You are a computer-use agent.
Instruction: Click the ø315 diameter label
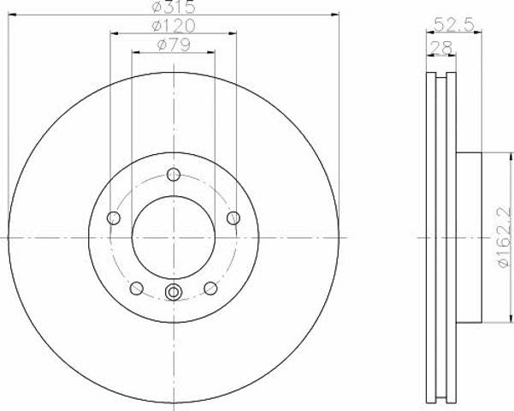[174, 7]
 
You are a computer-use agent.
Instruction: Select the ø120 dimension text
[174, 26]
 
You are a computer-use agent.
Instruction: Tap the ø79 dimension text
[174, 45]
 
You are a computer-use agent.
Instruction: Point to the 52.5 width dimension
[454, 25]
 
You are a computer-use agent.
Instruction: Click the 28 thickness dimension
[441, 48]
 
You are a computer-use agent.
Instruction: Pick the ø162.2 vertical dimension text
[505, 232]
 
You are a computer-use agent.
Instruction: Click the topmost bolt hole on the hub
[174, 175]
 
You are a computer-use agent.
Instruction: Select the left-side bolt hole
[114, 217]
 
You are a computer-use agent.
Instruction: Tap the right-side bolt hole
[233, 217]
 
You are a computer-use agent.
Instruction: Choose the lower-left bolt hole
[137, 289]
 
